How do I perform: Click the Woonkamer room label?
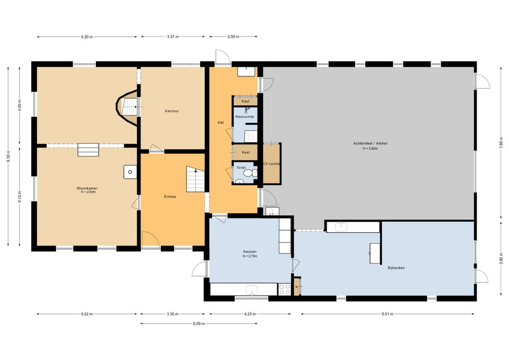point(87,188)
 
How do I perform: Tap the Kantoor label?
point(172,111)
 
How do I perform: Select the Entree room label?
point(170,197)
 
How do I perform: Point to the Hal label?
point(221,122)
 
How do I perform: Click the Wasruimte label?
point(244,117)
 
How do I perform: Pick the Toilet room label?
point(241,168)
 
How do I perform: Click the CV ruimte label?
point(271,164)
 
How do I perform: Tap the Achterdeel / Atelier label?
point(371,143)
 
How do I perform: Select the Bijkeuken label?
point(396,268)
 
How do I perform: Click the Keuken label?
point(250,252)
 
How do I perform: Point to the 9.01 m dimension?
point(387,314)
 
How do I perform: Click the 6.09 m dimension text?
point(199,323)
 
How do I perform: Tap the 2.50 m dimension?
point(233,37)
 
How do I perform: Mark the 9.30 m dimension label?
point(8,156)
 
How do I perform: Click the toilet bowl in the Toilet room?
point(248,173)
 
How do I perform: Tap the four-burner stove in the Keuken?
point(284,289)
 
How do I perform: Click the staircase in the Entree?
point(195,179)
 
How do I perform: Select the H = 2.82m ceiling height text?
point(371,148)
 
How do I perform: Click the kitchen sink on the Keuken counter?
point(251,289)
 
